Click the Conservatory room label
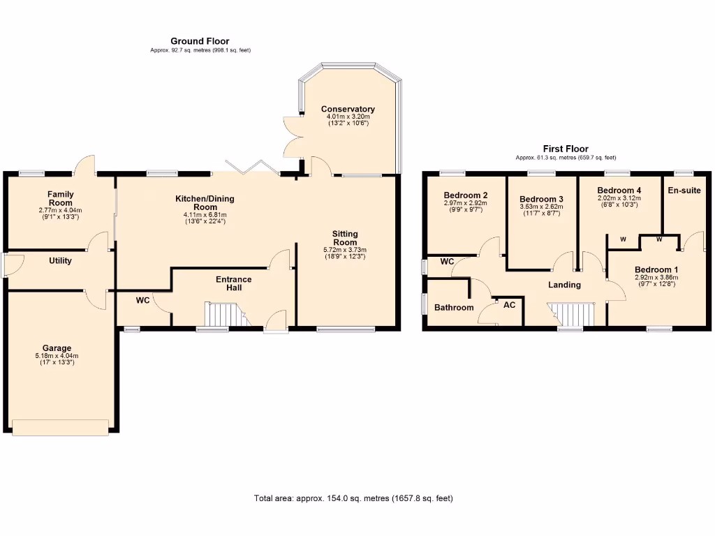[348, 109]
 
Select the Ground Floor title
[200, 41]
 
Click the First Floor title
[566, 149]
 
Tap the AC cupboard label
[509, 306]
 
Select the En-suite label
[684, 190]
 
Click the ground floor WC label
[142, 300]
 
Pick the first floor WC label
[448, 261]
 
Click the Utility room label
[61, 260]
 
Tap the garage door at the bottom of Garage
[60, 426]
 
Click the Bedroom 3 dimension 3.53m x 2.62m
[541, 207]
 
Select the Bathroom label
[454, 307]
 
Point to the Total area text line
[353, 498]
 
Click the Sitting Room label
[344, 238]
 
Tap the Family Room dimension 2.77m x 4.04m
[61, 210]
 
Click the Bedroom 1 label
[656, 269]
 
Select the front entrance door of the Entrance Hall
[275, 325]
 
